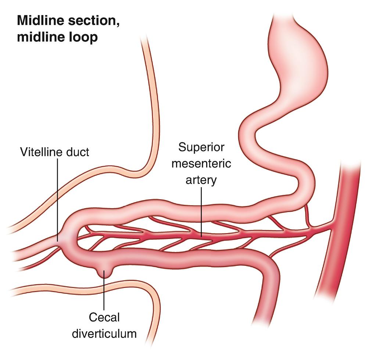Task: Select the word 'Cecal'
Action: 104,317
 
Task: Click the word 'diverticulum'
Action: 104,334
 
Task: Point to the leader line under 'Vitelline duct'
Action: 58,199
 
